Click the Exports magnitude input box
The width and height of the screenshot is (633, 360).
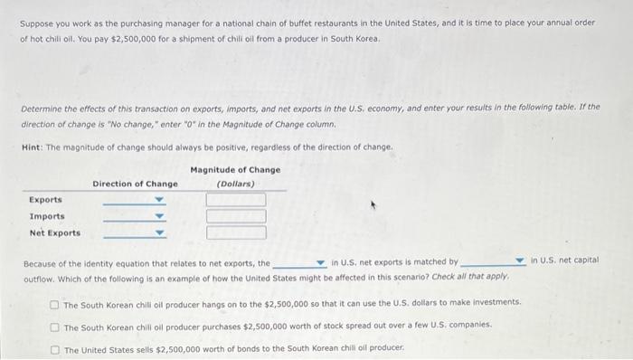click(236, 200)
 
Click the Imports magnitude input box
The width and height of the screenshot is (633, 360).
click(236, 216)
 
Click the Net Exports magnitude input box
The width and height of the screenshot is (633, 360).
click(236, 232)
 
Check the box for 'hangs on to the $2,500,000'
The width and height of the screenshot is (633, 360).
click(56, 303)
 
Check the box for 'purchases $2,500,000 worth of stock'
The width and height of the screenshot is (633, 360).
click(56, 326)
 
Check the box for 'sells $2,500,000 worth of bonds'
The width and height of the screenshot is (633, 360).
click(56, 348)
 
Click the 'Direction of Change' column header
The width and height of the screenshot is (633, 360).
click(135, 185)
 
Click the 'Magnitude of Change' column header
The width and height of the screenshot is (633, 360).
click(235, 170)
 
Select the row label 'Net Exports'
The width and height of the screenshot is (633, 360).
click(54, 232)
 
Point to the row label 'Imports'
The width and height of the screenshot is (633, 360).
click(47, 216)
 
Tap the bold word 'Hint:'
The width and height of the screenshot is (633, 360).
click(33, 147)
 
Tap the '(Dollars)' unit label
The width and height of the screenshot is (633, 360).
click(235, 184)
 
